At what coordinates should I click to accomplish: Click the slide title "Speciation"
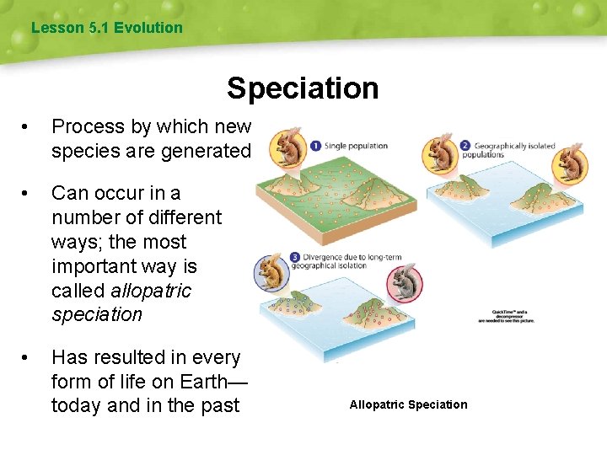pos(303,88)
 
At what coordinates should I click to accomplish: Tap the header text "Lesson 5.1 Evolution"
pos(106,28)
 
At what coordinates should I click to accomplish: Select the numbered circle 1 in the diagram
pos(314,145)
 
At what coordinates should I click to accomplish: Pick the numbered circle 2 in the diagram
pos(464,145)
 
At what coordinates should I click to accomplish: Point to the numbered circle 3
pos(295,257)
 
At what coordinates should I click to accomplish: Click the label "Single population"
pos(356,145)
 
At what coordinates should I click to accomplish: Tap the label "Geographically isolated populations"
pos(513,150)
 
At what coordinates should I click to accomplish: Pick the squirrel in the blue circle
pos(271,273)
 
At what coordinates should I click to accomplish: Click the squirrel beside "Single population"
pos(287,147)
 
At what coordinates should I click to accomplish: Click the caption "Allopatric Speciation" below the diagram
pos(408,404)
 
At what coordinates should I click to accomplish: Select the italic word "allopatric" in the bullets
pos(150,291)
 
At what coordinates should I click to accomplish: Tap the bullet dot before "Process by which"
pos(30,127)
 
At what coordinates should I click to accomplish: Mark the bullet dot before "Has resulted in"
pos(30,358)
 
